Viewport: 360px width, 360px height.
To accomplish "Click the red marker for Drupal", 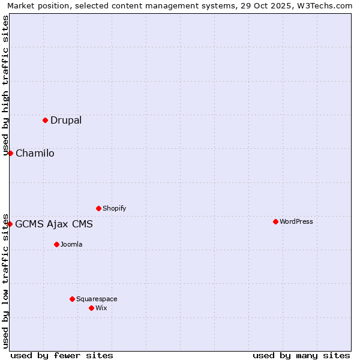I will (x=45, y=120).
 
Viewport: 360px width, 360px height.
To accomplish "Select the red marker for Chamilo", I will (x=10, y=153).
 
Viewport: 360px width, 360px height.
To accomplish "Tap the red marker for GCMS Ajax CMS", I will (x=10, y=224).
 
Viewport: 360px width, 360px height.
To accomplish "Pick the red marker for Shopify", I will (x=98, y=208).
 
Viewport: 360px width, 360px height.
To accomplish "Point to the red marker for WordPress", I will (x=275, y=221).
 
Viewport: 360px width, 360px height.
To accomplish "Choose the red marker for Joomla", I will (x=56, y=244).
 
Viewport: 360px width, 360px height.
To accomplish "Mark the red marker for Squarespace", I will (x=72, y=299).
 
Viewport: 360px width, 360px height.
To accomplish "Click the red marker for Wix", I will (x=91, y=308).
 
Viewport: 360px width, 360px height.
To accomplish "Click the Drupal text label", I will (x=66, y=120).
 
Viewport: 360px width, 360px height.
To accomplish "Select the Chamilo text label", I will (x=35, y=153).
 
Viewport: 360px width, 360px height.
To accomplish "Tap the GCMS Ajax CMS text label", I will (x=54, y=224).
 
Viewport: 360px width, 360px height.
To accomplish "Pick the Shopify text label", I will (x=114, y=208).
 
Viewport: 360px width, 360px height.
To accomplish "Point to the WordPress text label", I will (x=296, y=221).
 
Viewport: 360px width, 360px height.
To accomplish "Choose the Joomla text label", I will (x=71, y=244).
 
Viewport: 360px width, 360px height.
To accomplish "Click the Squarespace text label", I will (x=97, y=299).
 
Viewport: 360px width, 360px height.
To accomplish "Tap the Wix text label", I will (x=101, y=308).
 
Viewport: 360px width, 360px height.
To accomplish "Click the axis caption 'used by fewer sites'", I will (x=62, y=355).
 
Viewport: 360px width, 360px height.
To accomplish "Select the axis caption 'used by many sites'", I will (x=301, y=355).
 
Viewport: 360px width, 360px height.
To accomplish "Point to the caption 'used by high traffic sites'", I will (x=5, y=85).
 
